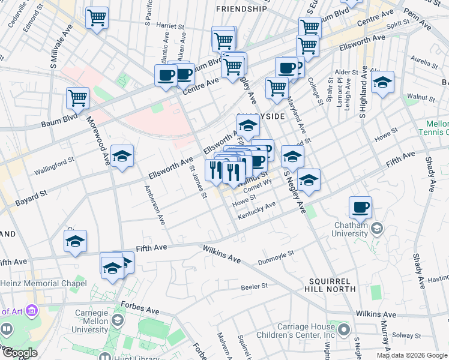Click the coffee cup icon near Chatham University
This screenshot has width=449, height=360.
tap(360, 207)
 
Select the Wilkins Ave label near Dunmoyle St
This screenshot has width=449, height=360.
tap(221, 254)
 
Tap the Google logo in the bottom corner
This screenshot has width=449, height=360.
tap(19, 353)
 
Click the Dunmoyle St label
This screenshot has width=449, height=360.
tap(276, 255)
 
